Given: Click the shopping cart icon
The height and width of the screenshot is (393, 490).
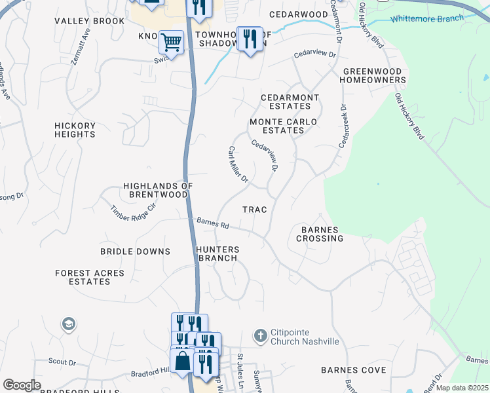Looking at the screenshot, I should [x=171, y=42].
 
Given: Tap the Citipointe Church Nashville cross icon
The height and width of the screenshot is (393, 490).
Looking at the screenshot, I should [x=260, y=335].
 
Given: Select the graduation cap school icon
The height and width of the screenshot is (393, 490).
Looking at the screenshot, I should [x=68, y=324].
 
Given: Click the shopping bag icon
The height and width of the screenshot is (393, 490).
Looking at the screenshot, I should [x=182, y=361].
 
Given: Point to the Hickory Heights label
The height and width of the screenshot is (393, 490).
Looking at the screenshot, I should [x=75, y=130].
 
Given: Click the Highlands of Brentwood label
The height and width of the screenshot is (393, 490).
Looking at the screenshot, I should [x=158, y=190].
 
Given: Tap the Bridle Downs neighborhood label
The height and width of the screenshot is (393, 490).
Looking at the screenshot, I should [x=135, y=252].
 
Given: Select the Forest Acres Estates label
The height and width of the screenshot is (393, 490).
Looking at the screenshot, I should [x=83, y=277].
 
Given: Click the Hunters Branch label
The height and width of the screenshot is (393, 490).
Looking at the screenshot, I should [x=217, y=253].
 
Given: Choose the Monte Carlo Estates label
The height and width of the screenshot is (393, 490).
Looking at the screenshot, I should [x=283, y=126].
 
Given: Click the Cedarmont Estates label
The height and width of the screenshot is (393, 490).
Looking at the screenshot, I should [x=290, y=102].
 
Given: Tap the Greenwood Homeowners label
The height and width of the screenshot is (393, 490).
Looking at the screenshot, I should [x=373, y=75].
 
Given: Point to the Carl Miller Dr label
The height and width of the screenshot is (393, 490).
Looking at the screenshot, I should [x=238, y=164].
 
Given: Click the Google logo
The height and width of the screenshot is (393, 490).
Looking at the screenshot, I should [x=22, y=384].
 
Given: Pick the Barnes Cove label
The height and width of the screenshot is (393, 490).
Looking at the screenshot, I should [x=353, y=370].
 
